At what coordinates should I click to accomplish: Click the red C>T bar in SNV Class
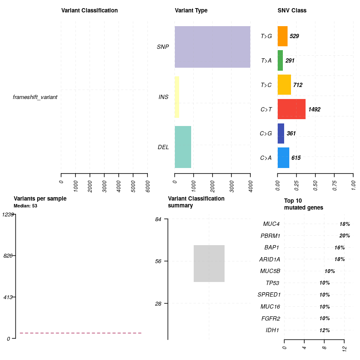coord(291,109)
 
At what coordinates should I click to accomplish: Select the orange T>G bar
coord(282,36)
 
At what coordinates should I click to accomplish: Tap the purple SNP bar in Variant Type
coord(212,47)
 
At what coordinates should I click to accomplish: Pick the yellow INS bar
coord(177,97)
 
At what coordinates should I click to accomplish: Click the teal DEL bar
coord(183,147)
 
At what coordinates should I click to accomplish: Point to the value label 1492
coord(314,109)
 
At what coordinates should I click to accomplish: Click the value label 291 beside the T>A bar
coord(290,61)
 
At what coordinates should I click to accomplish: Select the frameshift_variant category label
coord(35,97)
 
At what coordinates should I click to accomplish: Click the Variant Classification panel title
coord(89,10)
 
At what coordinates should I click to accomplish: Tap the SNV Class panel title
coord(292,10)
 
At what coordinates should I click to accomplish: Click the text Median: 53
coord(26,206)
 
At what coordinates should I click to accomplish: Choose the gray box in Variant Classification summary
coord(209,263)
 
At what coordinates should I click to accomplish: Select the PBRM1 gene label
coord(270,236)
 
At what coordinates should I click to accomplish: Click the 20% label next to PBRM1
coord(345,236)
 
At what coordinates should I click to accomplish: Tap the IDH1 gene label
coord(273,330)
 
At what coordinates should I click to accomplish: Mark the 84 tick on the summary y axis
coord(158,219)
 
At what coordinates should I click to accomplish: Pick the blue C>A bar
coord(283,157)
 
